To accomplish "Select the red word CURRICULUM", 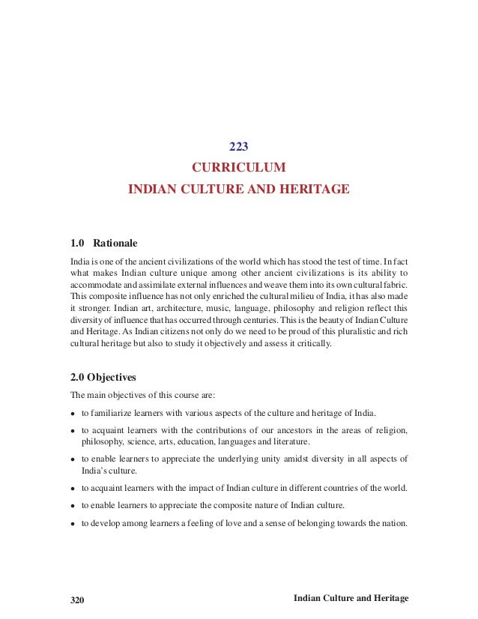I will [238, 166].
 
